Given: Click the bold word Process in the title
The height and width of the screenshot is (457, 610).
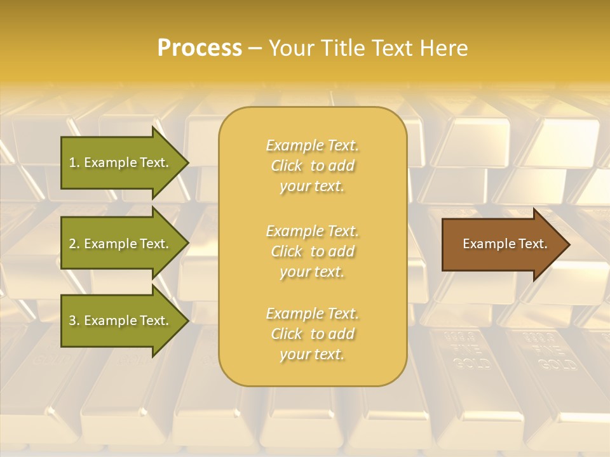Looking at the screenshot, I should pos(200,48).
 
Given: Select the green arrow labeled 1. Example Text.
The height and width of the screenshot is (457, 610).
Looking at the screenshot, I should pos(121,162).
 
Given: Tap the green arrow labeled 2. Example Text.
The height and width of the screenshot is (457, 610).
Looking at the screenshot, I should pos(121,244).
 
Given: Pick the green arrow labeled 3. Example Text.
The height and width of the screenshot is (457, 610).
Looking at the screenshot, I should pos(121,321).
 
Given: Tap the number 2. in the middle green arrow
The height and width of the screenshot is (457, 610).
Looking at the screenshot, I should pos(74,244).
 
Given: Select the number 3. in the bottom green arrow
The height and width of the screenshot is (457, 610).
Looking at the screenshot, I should pos(74,321).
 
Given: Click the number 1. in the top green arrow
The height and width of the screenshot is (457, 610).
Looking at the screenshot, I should pos(74,162).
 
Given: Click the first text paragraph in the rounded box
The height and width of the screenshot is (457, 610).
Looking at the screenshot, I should pos(312,166).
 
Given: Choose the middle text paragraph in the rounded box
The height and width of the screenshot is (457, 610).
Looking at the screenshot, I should pos(312,251).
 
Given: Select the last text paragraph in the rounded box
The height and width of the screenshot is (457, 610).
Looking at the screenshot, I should pos(312,334).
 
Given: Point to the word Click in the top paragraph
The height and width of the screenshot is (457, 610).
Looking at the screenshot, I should pos(287,166).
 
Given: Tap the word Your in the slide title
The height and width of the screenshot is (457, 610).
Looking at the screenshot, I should pos(290,48).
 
